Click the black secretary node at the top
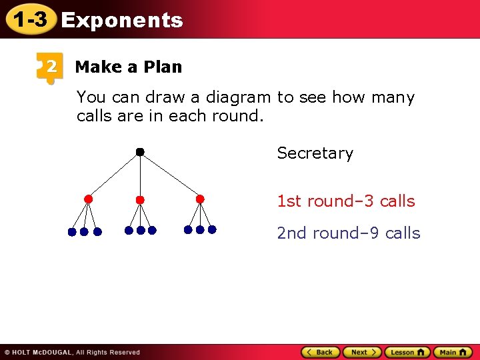click(x=140, y=152)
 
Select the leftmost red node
click(x=88, y=199)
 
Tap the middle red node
click(x=140, y=199)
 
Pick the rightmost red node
click(x=200, y=199)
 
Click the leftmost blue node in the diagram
click(x=72, y=232)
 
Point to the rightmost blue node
click(x=212, y=229)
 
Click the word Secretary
click(x=315, y=153)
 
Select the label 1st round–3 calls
click(x=346, y=201)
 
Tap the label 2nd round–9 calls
click(x=349, y=233)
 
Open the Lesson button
click(x=407, y=352)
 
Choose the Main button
click(x=453, y=352)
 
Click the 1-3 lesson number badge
click(x=29, y=20)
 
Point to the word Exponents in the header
click(x=121, y=21)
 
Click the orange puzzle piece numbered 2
click(x=49, y=67)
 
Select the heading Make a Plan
click(x=128, y=67)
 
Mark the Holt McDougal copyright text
click(x=72, y=352)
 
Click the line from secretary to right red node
click(x=171, y=176)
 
